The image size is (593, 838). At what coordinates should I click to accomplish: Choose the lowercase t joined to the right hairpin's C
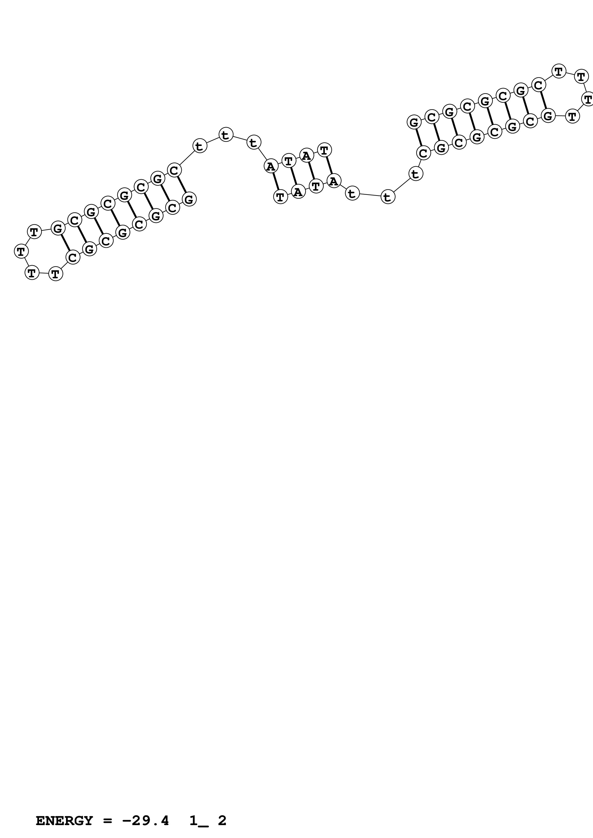click(x=416, y=173)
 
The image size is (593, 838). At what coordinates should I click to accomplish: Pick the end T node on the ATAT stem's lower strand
click(x=280, y=197)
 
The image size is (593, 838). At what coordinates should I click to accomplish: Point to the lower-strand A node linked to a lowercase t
click(x=333, y=181)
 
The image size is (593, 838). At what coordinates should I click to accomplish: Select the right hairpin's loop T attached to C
click(x=558, y=71)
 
